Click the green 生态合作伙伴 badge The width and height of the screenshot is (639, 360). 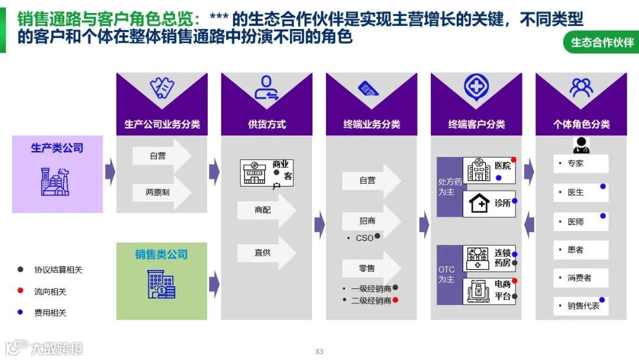602,43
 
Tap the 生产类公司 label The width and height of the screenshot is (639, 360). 57,148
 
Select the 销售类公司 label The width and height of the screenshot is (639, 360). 161,255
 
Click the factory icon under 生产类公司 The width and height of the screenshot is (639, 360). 55,181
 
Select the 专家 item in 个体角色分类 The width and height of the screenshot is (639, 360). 580,163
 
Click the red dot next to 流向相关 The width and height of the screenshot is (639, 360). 21,291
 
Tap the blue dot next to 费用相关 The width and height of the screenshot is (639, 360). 21,312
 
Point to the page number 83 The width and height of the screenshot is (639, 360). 319,352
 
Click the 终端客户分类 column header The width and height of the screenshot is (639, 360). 476,124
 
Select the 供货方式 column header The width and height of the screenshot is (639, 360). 266,124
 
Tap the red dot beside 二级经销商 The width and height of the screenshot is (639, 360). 395,300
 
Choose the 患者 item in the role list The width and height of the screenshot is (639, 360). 580,249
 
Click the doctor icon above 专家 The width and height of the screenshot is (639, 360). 581,145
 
